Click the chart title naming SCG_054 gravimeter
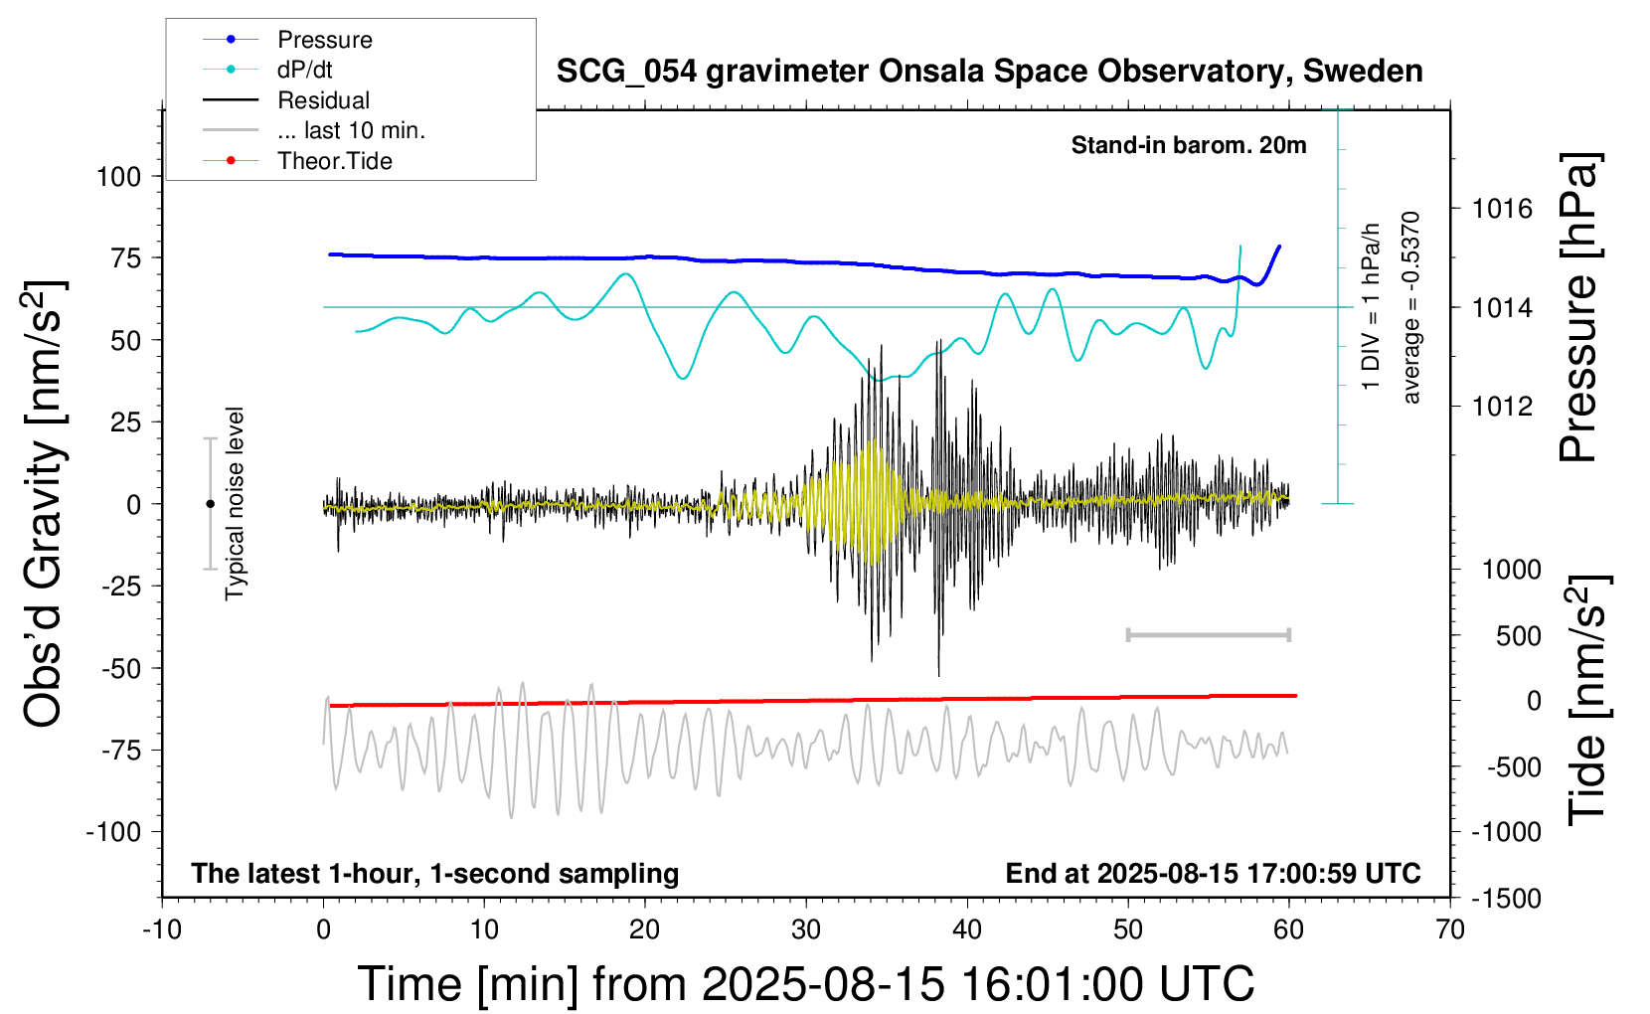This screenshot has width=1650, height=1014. click(x=989, y=72)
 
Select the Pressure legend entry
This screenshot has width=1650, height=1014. click(x=324, y=40)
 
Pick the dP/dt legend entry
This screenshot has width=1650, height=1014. click(x=304, y=70)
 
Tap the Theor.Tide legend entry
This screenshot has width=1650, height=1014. click(x=334, y=161)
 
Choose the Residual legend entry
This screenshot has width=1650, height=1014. click(x=323, y=100)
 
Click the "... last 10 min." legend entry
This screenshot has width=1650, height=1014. click(x=351, y=130)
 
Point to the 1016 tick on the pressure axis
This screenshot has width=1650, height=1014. click(x=1502, y=209)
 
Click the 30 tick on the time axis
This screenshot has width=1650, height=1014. click(x=806, y=929)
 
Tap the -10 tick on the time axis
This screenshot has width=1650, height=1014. click(x=162, y=929)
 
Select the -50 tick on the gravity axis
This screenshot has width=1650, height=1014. click(x=121, y=668)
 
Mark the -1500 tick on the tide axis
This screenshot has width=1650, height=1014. click(x=1506, y=899)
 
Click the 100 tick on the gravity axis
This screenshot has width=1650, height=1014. click(x=118, y=177)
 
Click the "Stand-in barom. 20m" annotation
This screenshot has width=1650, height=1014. click(x=1188, y=145)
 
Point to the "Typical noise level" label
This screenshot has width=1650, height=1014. click(x=235, y=503)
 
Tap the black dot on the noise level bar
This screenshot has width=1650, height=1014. click(x=210, y=504)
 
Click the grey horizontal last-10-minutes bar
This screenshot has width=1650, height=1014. click(x=1208, y=634)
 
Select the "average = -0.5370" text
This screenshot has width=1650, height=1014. click(x=1410, y=307)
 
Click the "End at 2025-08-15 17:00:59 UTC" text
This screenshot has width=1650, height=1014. click(x=1213, y=873)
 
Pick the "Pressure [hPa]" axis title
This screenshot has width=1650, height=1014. click(x=1578, y=307)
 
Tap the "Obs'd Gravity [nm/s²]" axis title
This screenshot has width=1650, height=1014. click(x=44, y=504)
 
